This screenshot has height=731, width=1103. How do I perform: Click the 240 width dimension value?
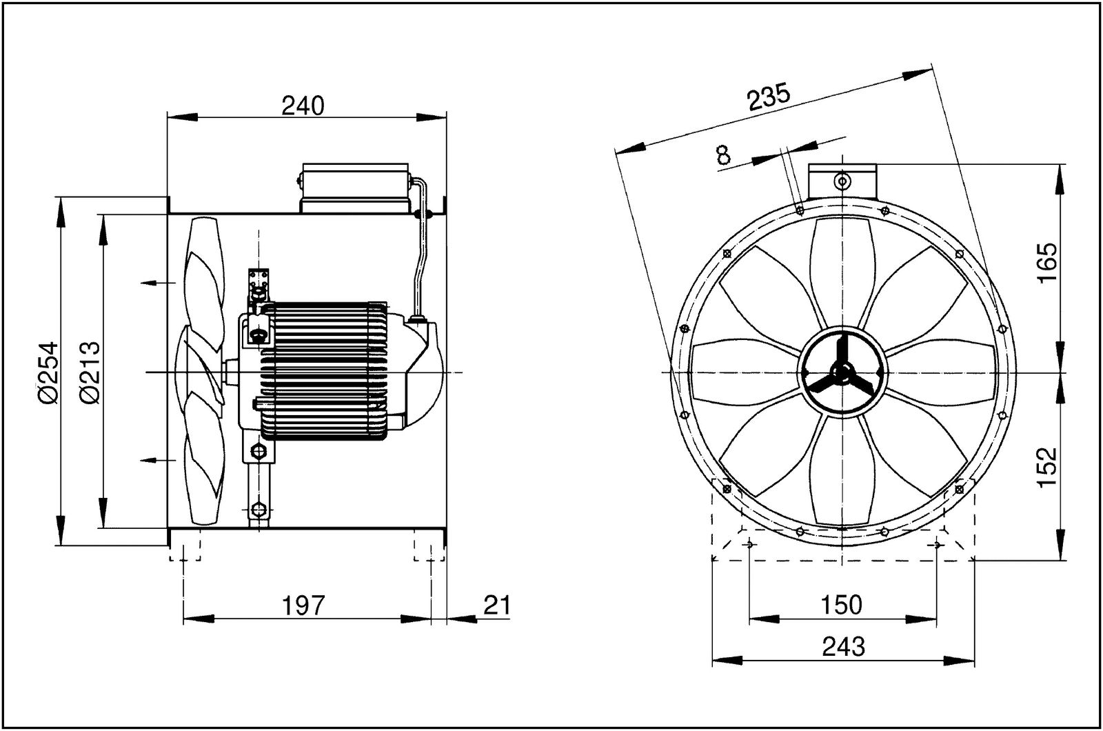pyautogui.click(x=303, y=106)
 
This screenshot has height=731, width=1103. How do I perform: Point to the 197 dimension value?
pyautogui.click(x=303, y=605)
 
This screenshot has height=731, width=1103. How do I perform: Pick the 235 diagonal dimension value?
pyautogui.click(x=769, y=99)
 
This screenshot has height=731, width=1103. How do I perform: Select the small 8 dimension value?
pyautogui.click(x=723, y=154)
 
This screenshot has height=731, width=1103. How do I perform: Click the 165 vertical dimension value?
pyautogui.click(x=1046, y=263)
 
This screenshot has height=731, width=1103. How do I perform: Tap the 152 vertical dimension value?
pyautogui.click(x=1046, y=467)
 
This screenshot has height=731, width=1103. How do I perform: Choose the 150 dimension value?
pyautogui.click(x=842, y=605)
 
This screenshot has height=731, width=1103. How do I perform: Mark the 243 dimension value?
pyautogui.click(x=842, y=647)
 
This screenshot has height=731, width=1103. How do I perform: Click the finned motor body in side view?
pyautogui.click(x=324, y=370)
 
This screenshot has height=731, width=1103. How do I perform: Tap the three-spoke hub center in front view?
pyautogui.click(x=841, y=372)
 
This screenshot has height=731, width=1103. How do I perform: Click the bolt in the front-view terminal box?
pyautogui.click(x=842, y=181)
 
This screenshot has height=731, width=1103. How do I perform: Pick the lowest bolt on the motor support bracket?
pyautogui.click(x=259, y=510)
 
